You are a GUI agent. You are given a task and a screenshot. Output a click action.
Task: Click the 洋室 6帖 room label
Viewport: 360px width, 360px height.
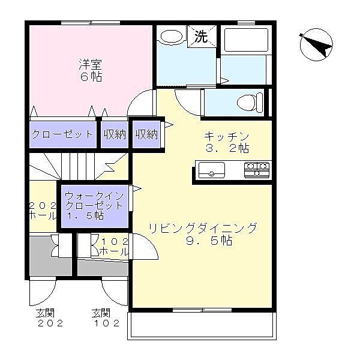pyautogui.click(x=89, y=70)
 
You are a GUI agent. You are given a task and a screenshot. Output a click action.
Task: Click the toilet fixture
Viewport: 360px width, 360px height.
pyautogui.click(x=250, y=101)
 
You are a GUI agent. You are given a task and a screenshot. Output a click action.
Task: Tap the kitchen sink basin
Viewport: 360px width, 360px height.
pyautogui.click(x=211, y=170)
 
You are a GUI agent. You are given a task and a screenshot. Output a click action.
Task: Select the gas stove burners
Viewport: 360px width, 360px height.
pyautogui.click(x=257, y=170)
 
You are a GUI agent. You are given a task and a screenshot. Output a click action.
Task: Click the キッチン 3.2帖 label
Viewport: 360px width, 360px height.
pyautogui.click(x=226, y=141)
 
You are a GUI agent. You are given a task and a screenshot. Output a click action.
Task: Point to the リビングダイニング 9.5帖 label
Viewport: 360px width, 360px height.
pyautogui.click(x=202, y=234)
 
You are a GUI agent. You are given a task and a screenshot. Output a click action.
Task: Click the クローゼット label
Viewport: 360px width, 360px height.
pyautogui.click(x=62, y=134)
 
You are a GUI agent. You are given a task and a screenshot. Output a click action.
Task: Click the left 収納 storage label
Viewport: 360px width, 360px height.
pyautogui.click(x=114, y=134)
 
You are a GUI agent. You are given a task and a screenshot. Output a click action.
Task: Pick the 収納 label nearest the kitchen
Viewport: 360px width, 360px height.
pyautogui.click(x=146, y=134)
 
